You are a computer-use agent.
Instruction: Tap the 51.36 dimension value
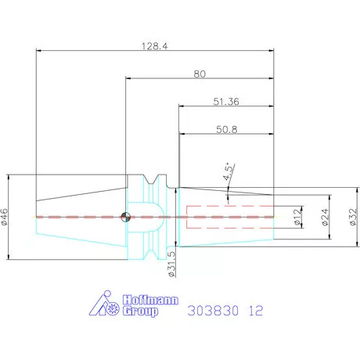(x=227, y=102)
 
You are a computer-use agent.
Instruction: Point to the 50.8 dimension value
(x=227, y=129)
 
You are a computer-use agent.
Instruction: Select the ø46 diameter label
(x=5, y=216)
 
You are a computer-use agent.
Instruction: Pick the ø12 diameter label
(x=298, y=217)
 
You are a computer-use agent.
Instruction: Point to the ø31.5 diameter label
(x=171, y=265)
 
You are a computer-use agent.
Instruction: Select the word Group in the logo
(x=139, y=311)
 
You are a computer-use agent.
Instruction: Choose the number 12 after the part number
(x=256, y=311)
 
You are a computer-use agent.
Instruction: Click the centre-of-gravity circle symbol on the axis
(x=124, y=216)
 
